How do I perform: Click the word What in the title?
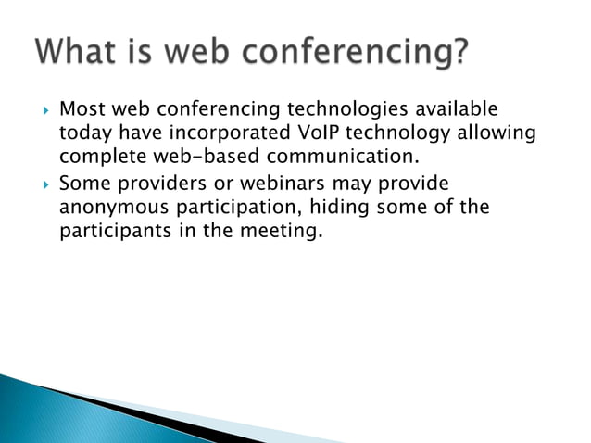[x=78, y=52]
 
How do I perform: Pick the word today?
[x=82, y=135]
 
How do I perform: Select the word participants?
[x=112, y=231]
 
